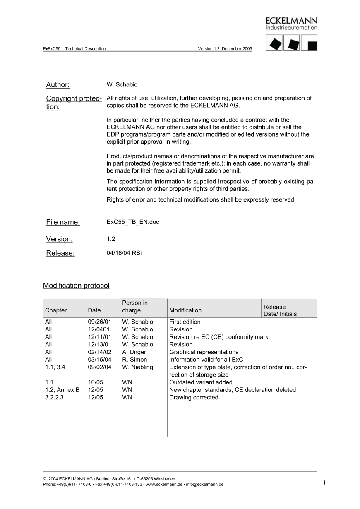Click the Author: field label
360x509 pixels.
pos(58,85)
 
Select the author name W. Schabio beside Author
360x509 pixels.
pos(122,85)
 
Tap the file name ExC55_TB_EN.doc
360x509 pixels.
pos(133,222)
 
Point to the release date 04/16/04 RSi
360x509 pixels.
pos(124,253)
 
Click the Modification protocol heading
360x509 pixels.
pos(76,286)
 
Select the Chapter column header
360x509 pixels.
pos(56,310)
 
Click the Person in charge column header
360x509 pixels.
pos(135,307)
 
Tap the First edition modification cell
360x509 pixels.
pos(185,322)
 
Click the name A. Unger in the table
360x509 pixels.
pos(134,352)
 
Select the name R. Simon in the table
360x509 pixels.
pos(134,360)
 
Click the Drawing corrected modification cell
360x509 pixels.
pos(194,397)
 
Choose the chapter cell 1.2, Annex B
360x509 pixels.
pos(62,390)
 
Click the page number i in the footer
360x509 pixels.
pos(324,483)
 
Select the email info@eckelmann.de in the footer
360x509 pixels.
pos(205,484)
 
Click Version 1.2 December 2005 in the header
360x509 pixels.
pos(225,49)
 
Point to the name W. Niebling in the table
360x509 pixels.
pos(138,367)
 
